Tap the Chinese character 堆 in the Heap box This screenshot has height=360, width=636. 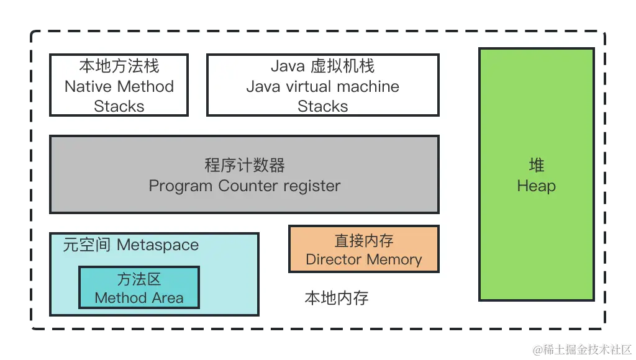coord(536,165)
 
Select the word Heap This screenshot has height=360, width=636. coord(536,186)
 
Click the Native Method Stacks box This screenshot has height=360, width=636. coord(119,86)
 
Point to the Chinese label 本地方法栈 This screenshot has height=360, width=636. coord(119,66)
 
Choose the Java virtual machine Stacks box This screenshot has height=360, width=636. coord(322,86)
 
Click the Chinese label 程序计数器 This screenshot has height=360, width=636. coord(244,165)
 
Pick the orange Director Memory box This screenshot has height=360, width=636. coord(363,249)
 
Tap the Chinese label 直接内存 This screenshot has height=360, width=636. coord(363,240)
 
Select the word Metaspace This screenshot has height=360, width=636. coord(158,245)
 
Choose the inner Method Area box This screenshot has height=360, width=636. coord(139,288)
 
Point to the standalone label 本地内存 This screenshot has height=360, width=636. coord(336,298)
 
